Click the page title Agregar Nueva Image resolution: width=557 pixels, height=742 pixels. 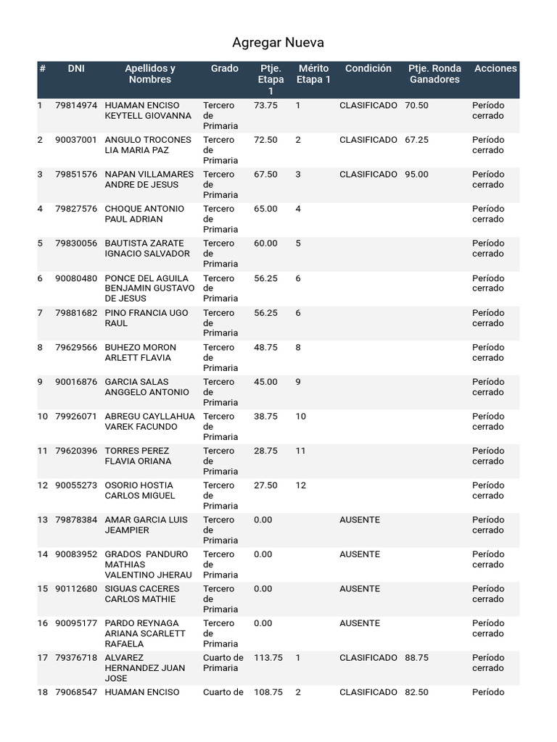[278, 43]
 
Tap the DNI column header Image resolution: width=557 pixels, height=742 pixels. [76, 69]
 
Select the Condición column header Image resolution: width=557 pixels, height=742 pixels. [368, 69]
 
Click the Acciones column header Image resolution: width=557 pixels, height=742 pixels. [495, 69]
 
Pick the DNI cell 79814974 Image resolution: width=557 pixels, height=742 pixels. [76, 106]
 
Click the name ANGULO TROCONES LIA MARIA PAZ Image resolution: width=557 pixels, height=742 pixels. [148, 145]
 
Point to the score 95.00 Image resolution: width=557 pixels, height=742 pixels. [416, 175]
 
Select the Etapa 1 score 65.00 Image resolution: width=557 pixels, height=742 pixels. [265, 209]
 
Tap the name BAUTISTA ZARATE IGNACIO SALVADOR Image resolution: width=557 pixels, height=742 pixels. [147, 249]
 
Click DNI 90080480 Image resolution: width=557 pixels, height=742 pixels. [76, 278]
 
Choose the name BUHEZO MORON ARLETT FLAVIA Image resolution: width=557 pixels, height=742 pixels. [141, 352]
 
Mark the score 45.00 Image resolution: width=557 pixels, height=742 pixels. [265, 382]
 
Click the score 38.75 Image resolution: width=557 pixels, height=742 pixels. [265, 417]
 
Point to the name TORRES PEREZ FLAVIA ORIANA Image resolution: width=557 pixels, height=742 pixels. [138, 456]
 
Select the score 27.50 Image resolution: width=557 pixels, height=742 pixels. [265, 485]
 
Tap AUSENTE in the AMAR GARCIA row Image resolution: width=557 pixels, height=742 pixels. [359, 520]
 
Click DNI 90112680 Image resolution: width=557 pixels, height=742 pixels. [76, 589]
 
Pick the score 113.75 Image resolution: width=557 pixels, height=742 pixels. [268, 658]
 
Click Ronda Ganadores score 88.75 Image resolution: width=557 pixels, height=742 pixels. [416, 658]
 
